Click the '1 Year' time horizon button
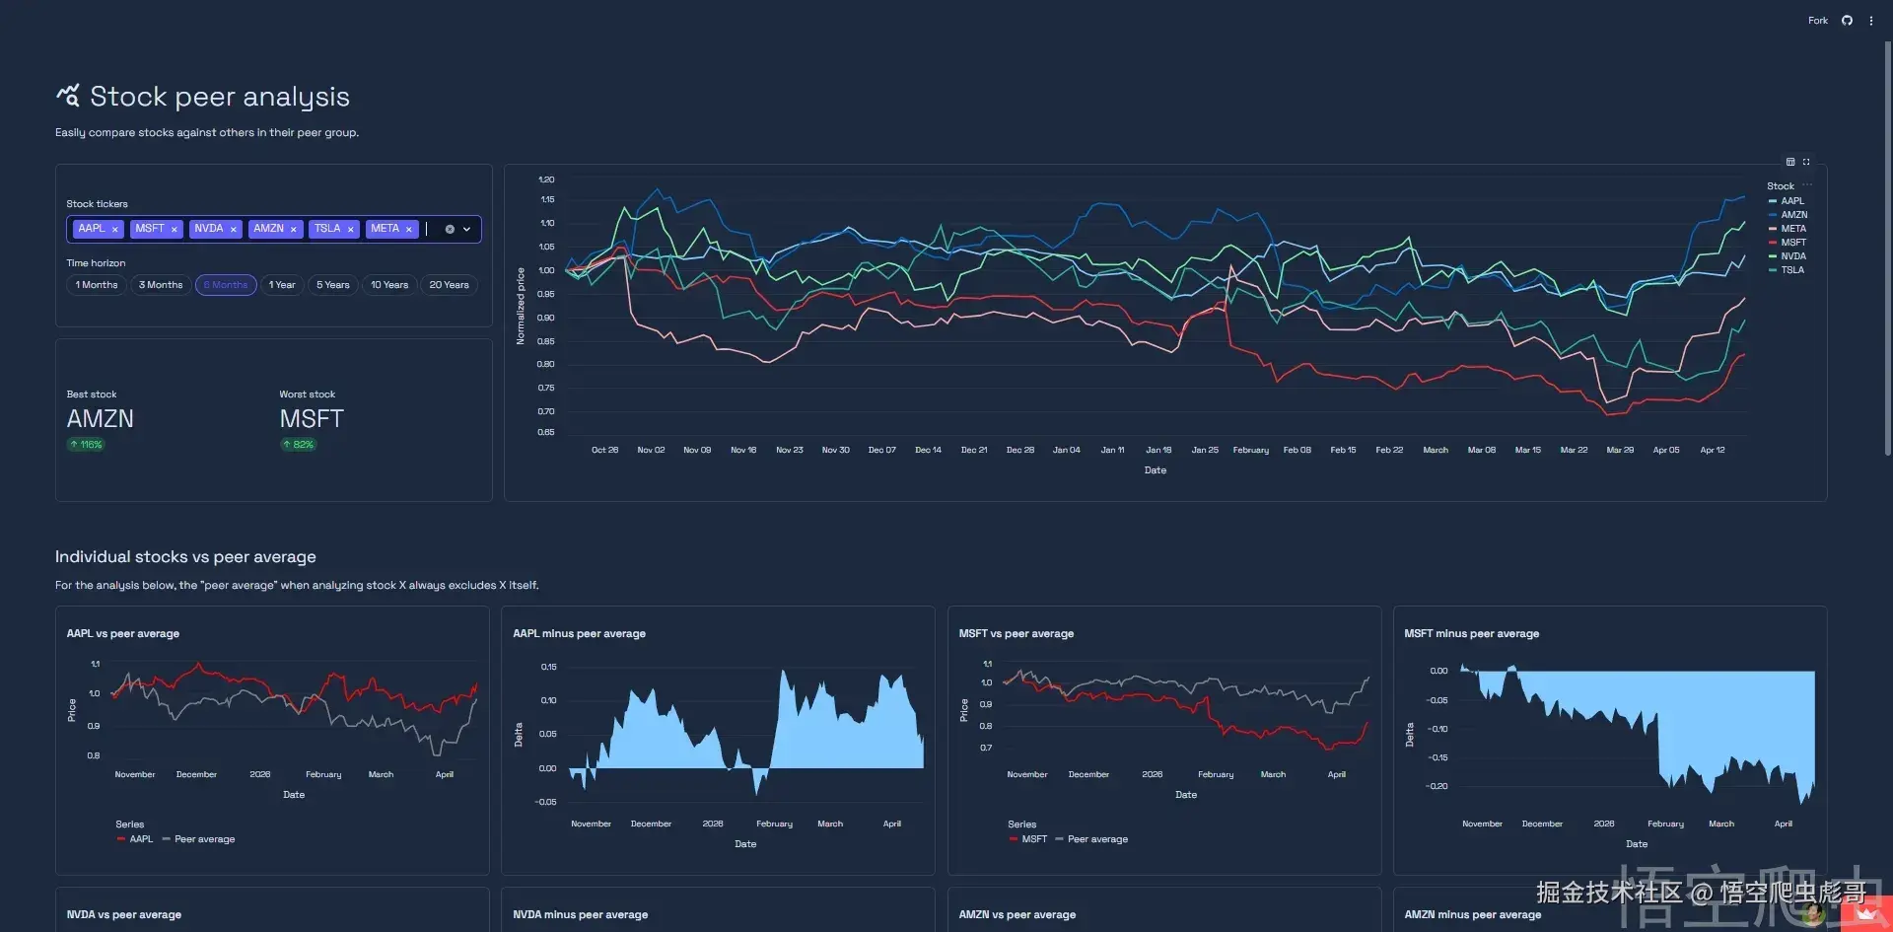click(282, 285)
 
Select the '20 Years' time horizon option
click(449, 285)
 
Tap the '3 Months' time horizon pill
click(161, 285)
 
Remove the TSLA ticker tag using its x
click(350, 230)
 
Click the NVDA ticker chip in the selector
click(208, 229)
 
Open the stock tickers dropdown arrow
click(467, 229)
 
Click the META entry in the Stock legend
click(1792, 229)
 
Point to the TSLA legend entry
click(1791, 270)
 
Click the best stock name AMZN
click(101, 419)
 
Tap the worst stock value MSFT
click(312, 419)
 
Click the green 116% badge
click(87, 445)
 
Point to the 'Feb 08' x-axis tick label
click(1297, 450)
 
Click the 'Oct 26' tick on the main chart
click(604, 450)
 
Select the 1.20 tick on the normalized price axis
click(546, 179)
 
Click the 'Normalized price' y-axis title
click(521, 306)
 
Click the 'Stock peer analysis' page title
click(219, 97)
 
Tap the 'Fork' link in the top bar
click(1817, 21)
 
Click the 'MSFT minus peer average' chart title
click(1471, 634)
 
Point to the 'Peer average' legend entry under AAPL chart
click(204, 839)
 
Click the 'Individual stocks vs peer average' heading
click(185, 557)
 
